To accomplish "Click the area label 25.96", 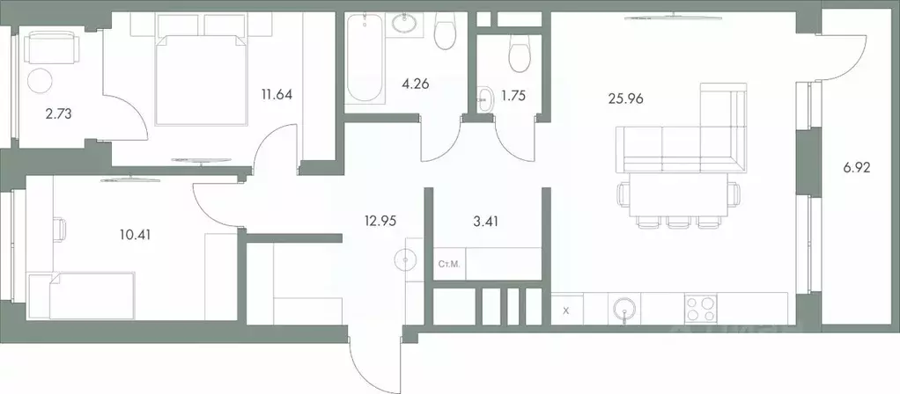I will pyautogui.click(x=625, y=99).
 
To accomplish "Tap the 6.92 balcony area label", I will pyautogui.click(x=855, y=167).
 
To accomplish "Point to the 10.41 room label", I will pyautogui.click(x=134, y=233).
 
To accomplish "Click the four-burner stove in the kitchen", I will pyautogui.click(x=702, y=310).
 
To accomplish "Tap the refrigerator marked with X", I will pyautogui.click(x=566, y=310).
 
